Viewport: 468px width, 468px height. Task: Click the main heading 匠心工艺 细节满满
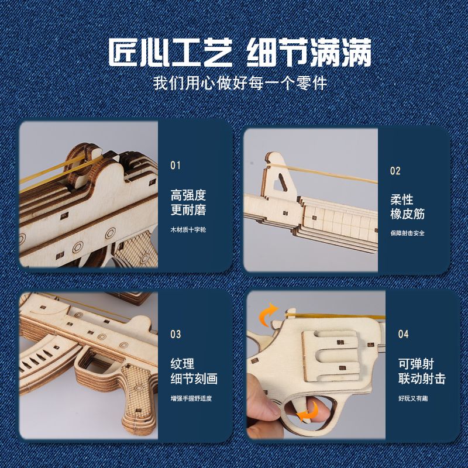click(x=240, y=52)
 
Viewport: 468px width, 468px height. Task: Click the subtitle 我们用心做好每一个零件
click(x=240, y=82)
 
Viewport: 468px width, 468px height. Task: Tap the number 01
click(x=175, y=166)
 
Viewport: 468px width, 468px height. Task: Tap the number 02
click(x=395, y=171)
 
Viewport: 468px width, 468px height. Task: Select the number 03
click(x=175, y=334)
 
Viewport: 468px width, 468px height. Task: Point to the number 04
click(x=403, y=334)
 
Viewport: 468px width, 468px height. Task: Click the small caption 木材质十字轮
click(x=188, y=229)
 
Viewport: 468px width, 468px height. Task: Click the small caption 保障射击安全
click(x=407, y=233)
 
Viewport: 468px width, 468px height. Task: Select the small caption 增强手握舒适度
click(x=191, y=398)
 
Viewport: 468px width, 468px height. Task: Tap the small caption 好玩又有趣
click(x=413, y=398)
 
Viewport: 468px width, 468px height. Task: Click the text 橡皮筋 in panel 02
click(x=407, y=214)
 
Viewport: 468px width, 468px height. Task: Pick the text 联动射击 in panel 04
click(x=422, y=378)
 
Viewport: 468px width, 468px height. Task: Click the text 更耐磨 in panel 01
click(x=188, y=209)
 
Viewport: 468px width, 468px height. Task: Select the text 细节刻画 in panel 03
click(x=194, y=378)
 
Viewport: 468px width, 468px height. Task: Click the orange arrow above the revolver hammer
click(x=268, y=314)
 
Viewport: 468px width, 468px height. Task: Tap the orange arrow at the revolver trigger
click(x=309, y=412)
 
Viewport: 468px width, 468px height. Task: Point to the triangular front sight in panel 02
click(x=278, y=177)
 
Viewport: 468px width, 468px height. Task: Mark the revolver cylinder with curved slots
click(x=331, y=356)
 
